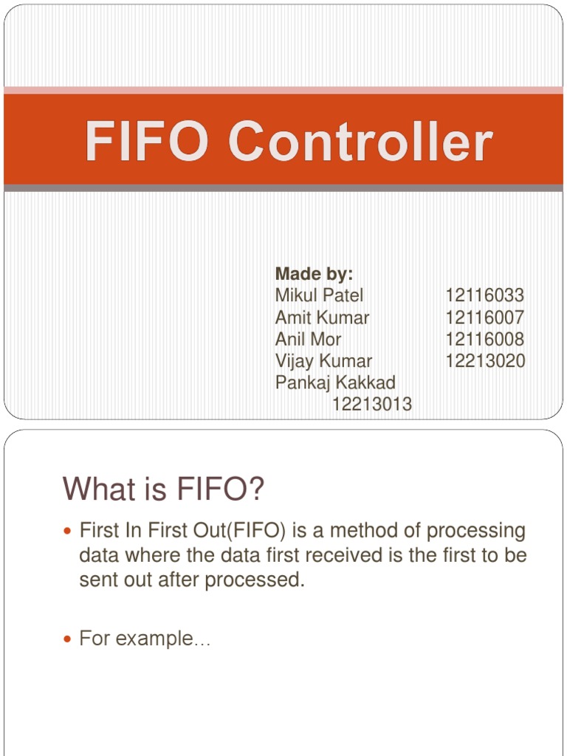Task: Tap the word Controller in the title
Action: (360, 142)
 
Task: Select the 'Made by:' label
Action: (314, 274)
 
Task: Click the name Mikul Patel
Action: (319, 295)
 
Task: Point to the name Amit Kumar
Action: (322, 317)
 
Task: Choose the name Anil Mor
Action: (308, 339)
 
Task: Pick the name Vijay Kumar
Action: (323, 361)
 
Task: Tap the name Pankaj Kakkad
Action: (335, 382)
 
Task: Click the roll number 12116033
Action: (484, 295)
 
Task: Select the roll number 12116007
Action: (484, 317)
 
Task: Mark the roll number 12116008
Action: (484, 339)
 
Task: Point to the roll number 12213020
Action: (484, 361)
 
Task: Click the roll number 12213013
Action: (372, 405)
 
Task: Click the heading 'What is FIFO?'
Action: (163, 489)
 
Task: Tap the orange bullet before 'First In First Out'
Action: (69, 531)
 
